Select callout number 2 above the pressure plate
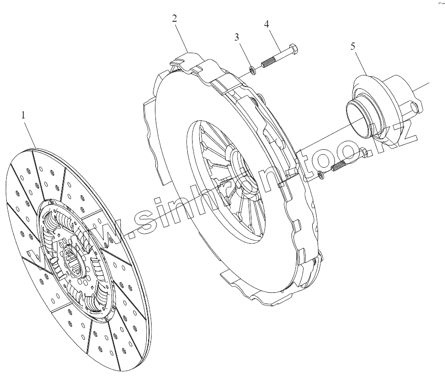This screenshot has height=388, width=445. pyautogui.click(x=174, y=19)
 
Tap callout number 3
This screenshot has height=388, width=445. pyautogui.click(x=237, y=38)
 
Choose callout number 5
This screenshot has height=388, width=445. pyautogui.click(x=353, y=46)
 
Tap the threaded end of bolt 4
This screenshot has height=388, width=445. pyautogui.click(x=267, y=63)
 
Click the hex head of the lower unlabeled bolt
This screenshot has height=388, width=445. pyautogui.click(x=363, y=154)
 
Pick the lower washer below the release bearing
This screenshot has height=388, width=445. pyautogui.click(x=322, y=174)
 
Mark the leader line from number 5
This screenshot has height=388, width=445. pyautogui.click(x=360, y=63)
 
